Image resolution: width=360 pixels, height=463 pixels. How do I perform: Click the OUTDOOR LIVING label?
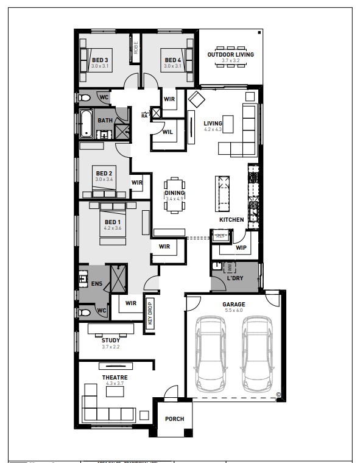coord(230,55)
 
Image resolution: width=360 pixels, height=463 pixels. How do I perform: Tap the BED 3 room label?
coord(99,60)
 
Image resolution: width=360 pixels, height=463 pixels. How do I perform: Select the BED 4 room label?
coord(172,60)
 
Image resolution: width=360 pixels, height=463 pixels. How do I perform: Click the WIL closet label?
coord(168,132)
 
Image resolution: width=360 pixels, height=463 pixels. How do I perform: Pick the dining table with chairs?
coord(174,194)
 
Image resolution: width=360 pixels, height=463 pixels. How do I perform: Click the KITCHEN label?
coord(231,219)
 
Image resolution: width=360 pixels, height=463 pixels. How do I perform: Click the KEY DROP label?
coord(149,314)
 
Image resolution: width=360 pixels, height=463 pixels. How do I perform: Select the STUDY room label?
coord(111,340)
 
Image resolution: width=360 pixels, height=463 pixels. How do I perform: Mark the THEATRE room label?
coord(115,378)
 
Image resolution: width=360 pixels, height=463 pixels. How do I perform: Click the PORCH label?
coord(174,419)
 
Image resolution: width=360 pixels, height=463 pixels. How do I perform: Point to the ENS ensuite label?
coord(97,283)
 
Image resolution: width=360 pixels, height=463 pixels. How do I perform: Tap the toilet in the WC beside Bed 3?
coord(86,97)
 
